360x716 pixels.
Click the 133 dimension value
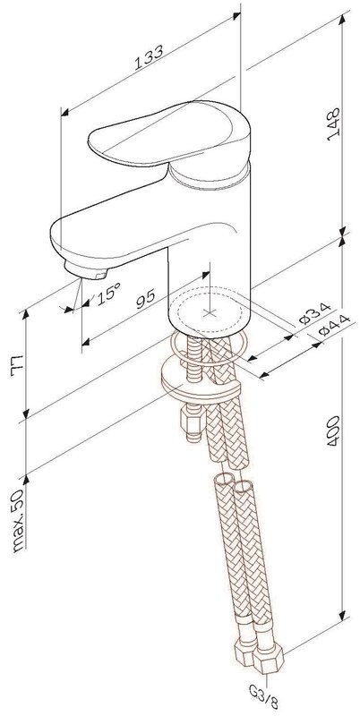tap(149, 56)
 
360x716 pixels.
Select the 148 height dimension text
tap(333, 124)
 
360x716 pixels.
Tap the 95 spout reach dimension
tap(146, 299)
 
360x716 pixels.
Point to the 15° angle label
tap(108, 292)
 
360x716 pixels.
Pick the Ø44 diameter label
tap(334, 325)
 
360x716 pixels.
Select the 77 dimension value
tap(17, 364)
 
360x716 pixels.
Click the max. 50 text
tap(19, 522)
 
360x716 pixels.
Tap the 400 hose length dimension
tap(333, 430)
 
